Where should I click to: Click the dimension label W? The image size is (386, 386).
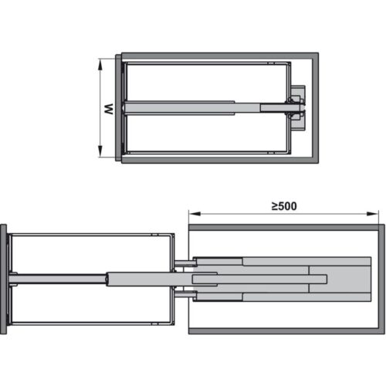pos(110,108)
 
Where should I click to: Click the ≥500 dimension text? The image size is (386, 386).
pos(284,206)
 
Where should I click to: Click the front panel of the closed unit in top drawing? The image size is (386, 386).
pos(118,107)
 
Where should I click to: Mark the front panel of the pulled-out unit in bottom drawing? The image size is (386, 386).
pos(4,279)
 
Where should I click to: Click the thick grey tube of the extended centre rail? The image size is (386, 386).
pos(139,279)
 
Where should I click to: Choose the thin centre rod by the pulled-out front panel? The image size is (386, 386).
pos(58,279)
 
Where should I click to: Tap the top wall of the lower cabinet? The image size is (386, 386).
pos(286,228)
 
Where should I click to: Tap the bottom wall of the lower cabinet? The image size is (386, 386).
pos(286,330)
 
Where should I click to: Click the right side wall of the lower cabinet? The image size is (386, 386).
pos(381,279)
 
